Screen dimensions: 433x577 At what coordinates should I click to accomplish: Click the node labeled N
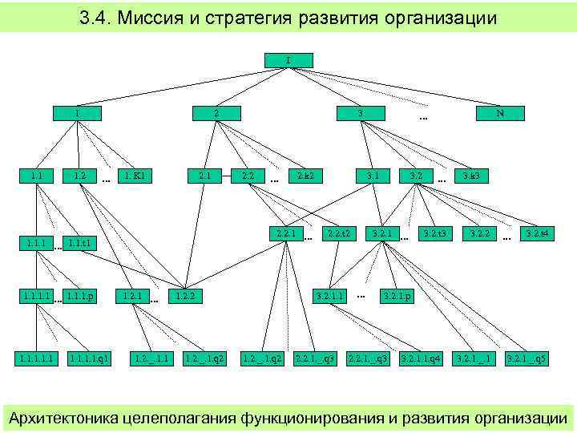pyautogui.click(x=499, y=113)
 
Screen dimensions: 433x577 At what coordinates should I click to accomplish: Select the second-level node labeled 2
pyautogui.click(x=216, y=113)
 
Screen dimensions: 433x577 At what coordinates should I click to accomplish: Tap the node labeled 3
pyautogui.click(x=361, y=113)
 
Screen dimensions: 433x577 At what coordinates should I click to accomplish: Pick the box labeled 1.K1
pyautogui.click(x=134, y=175)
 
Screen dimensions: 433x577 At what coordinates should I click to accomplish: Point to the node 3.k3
pyautogui.click(x=471, y=175)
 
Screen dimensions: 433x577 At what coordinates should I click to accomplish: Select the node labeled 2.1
pyautogui.click(x=204, y=175)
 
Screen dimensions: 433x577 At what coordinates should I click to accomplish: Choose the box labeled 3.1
pyautogui.click(x=373, y=175)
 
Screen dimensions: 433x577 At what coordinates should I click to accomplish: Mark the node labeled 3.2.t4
pyautogui.click(x=535, y=234)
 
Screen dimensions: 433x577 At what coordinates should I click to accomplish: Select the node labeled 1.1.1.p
pyautogui.click(x=82, y=297)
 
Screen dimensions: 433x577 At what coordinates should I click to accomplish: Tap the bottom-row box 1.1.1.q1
pyautogui.click(x=89, y=356)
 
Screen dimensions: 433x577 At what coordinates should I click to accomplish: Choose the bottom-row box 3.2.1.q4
pyautogui.click(x=421, y=356)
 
